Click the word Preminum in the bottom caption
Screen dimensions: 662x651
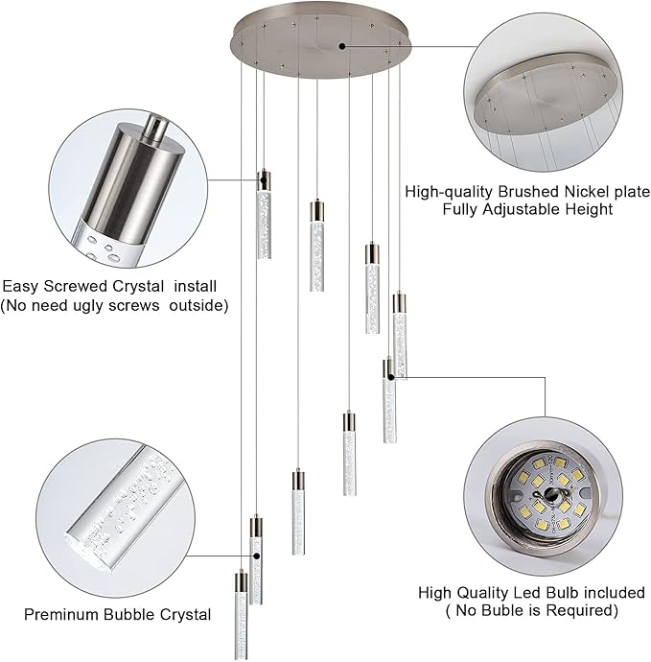click(x=61, y=614)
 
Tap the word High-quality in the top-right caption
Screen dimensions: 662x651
click(x=447, y=191)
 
